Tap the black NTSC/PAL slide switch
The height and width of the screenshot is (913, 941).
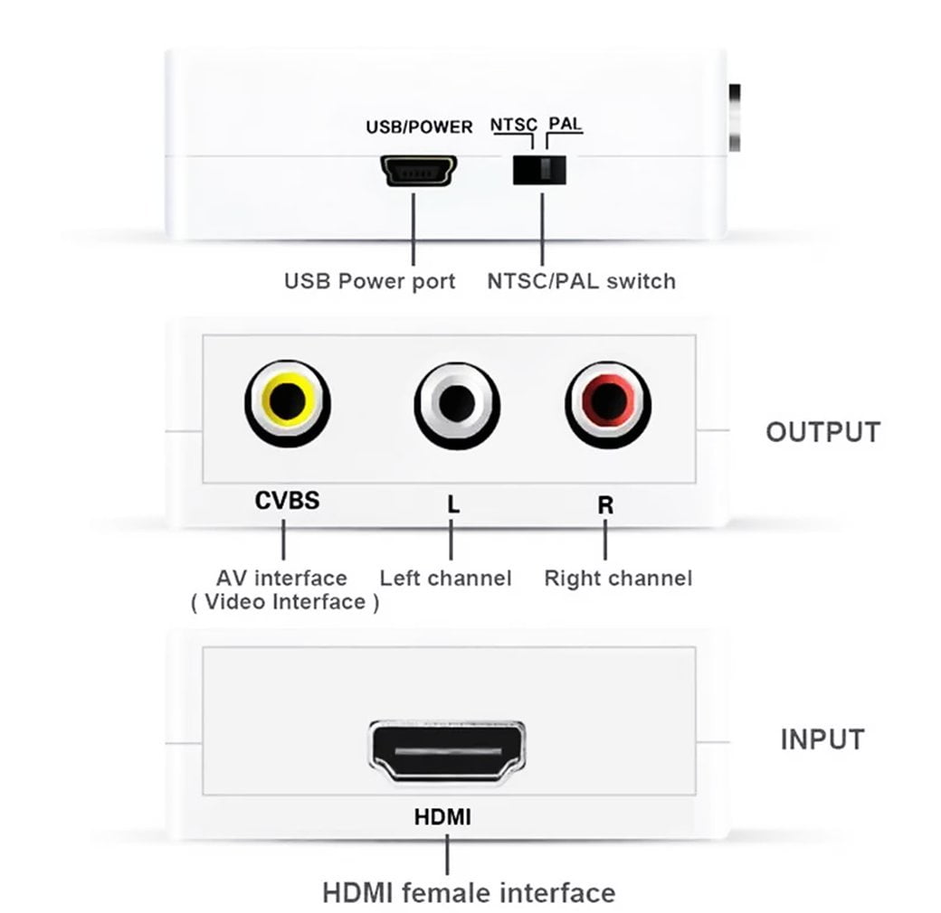pyautogui.click(x=541, y=170)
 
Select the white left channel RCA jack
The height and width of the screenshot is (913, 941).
pyautogui.click(x=456, y=402)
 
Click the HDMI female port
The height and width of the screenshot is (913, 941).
pyautogui.click(x=446, y=752)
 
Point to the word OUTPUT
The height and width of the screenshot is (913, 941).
pyautogui.click(x=822, y=432)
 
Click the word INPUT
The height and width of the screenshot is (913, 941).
pyautogui.click(x=822, y=739)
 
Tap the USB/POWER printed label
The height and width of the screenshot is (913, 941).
pyautogui.click(x=419, y=127)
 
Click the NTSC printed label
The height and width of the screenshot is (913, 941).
pyautogui.click(x=514, y=125)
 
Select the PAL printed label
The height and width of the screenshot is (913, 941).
pyautogui.click(x=566, y=124)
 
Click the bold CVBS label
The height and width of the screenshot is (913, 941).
pyautogui.click(x=287, y=500)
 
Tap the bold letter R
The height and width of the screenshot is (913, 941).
pyautogui.click(x=605, y=504)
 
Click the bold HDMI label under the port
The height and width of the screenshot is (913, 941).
pyautogui.click(x=442, y=817)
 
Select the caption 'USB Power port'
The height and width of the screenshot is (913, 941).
pyautogui.click(x=369, y=281)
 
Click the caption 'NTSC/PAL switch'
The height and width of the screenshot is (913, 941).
pyautogui.click(x=581, y=281)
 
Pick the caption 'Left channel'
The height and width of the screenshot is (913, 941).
pyautogui.click(x=445, y=578)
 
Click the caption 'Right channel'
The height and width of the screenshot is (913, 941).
pyautogui.click(x=618, y=578)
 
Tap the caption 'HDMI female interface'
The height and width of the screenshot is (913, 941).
pyautogui.click(x=469, y=893)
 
